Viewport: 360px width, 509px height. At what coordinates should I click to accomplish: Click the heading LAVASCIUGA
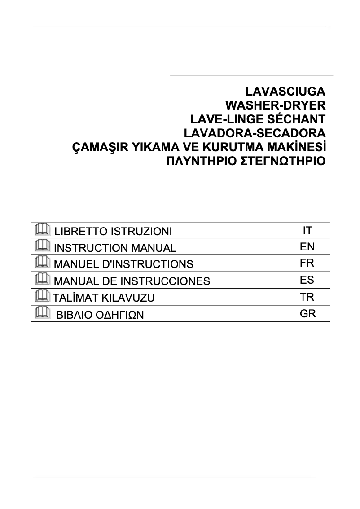click(x=285, y=92)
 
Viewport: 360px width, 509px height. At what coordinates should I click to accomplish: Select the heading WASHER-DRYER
click(x=274, y=105)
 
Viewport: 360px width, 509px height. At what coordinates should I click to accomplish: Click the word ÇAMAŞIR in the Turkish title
click(x=99, y=148)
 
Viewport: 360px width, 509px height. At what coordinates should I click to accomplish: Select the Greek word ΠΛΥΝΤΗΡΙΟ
click(x=202, y=161)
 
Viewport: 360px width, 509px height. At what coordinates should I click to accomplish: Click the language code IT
click(x=307, y=231)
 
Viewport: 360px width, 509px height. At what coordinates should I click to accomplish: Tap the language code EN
click(x=307, y=247)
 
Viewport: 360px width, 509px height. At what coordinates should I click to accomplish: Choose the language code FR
click(x=307, y=263)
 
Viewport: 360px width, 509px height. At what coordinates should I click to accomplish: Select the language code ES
click(x=307, y=280)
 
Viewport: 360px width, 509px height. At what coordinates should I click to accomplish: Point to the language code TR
click(x=307, y=297)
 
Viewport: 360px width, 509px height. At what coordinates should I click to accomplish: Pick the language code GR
click(x=308, y=313)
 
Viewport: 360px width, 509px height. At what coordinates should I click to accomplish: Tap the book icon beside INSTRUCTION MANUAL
click(x=42, y=245)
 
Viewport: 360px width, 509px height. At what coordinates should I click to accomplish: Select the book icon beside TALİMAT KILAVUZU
click(x=42, y=295)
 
